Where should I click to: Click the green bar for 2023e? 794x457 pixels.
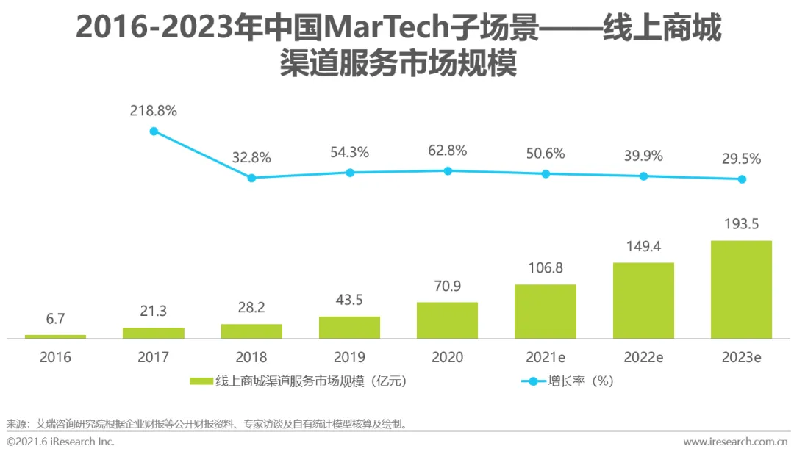click(x=741, y=289)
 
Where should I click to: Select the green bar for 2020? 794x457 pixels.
click(x=447, y=320)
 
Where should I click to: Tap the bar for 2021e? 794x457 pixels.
click(x=545, y=312)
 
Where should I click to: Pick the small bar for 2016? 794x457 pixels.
click(x=55, y=337)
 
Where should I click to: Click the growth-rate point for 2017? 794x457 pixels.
click(x=154, y=131)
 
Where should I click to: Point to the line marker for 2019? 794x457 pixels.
click(x=350, y=173)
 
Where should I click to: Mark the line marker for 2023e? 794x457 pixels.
click(x=742, y=179)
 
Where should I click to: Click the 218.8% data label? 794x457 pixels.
click(x=154, y=111)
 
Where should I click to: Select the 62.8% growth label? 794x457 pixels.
click(x=447, y=151)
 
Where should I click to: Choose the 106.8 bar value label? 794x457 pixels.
click(x=545, y=268)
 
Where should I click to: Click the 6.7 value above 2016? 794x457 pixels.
click(x=55, y=320)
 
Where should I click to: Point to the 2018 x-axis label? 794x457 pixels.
click(x=251, y=358)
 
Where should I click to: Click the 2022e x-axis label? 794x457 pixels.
click(x=643, y=358)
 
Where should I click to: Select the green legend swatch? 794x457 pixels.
click(x=201, y=381)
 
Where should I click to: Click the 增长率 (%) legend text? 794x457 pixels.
click(x=580, y=381)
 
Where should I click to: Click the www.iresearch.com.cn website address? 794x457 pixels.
click(x=735, y=442)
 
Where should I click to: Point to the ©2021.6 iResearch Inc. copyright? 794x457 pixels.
click(x=60, y=442)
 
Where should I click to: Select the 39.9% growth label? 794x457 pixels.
click(x=643, y=156)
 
